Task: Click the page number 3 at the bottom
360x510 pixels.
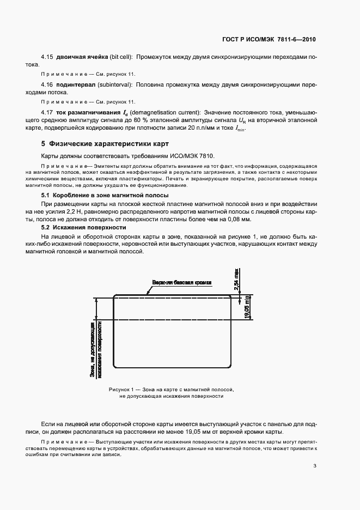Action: coord(315,465)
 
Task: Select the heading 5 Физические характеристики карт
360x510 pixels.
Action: coord(105,144)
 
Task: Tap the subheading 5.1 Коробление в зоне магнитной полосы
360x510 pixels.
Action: coord(105,195)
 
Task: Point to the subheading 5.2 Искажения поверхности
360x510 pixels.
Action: coord(84,227)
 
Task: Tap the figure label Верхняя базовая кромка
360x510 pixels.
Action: coord(182,282)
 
